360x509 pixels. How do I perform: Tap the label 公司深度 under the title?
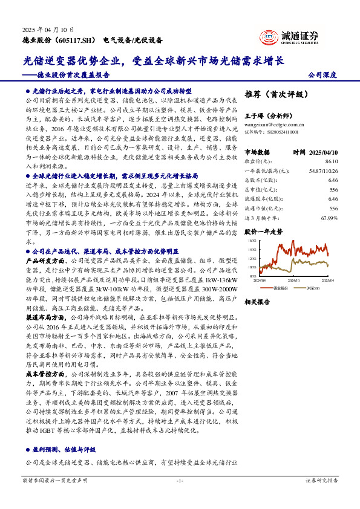(322, 75)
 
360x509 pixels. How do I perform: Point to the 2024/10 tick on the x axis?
(296, 280)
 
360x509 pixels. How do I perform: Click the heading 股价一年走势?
(263, 231)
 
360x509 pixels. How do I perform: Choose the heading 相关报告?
(258, 302)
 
